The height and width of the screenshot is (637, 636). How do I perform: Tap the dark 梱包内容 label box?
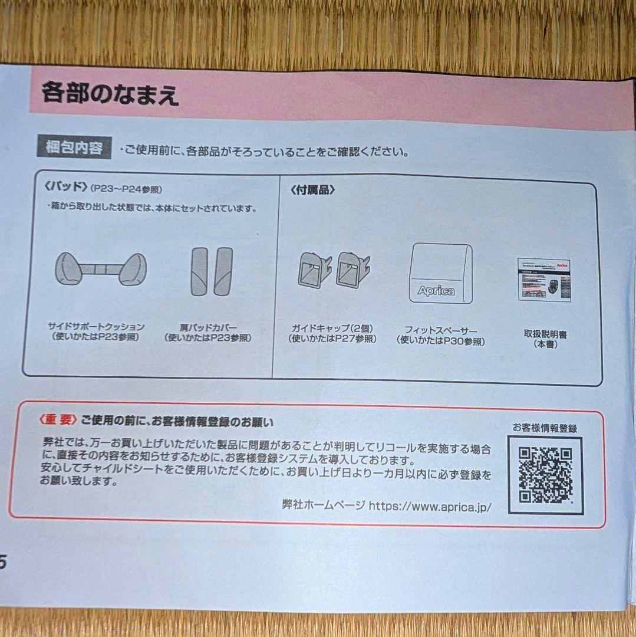74,147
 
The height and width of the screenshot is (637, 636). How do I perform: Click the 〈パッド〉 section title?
65,189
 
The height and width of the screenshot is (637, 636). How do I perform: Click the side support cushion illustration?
100,269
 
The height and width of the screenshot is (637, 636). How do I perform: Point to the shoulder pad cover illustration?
212,271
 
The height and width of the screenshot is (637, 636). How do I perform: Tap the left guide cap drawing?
315,270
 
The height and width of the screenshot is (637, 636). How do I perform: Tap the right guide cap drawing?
352,268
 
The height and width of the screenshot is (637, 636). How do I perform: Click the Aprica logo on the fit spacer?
436,290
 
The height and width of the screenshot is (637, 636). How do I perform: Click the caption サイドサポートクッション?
96,326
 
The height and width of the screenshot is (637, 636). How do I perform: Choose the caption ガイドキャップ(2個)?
332,328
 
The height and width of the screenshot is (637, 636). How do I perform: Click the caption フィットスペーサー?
441,330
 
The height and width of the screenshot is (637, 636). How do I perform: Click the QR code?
545,474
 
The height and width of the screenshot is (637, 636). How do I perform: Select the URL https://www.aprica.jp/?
430,505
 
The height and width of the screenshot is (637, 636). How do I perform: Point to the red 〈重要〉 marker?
57,420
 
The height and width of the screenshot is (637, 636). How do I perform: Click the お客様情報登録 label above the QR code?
544,428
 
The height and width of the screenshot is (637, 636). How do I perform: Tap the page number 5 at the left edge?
3,562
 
